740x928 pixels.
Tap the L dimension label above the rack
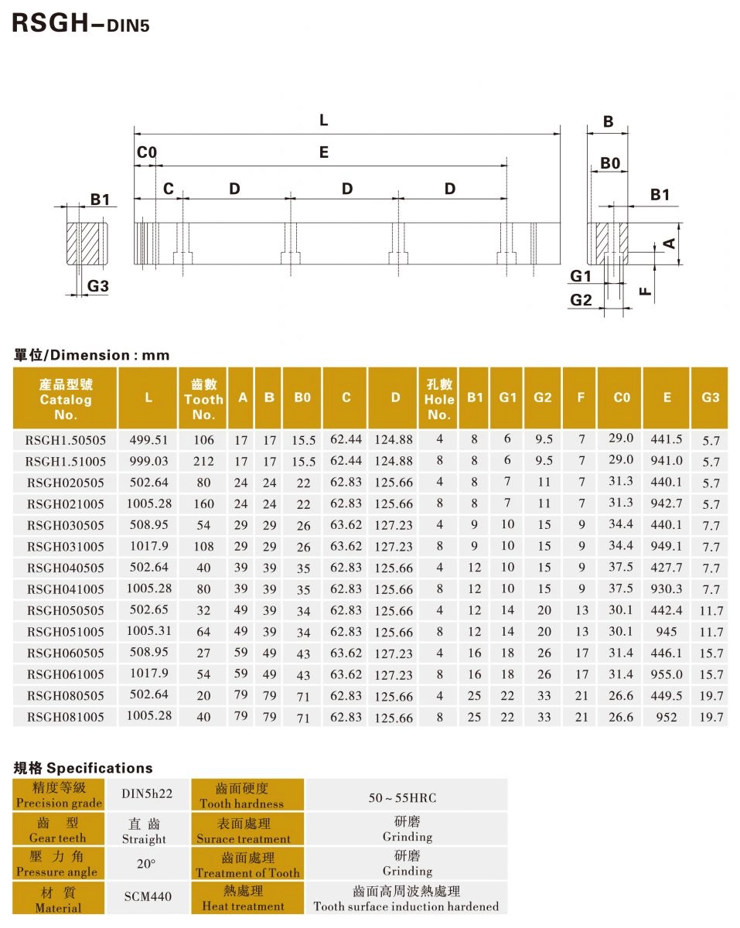[323, 121]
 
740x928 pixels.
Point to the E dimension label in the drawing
[323, 153]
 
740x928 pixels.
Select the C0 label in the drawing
[146, 153]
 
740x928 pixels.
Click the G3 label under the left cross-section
[97, 286]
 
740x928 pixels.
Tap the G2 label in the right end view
[581, 300]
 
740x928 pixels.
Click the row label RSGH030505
[66, 525]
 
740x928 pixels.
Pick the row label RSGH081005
[66, 717]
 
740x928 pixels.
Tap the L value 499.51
[148, 439]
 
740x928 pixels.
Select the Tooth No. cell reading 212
[203, 461]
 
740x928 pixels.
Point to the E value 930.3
[667, 589]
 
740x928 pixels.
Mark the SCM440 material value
[148, 897]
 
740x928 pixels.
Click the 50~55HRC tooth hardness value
[408, 797]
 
